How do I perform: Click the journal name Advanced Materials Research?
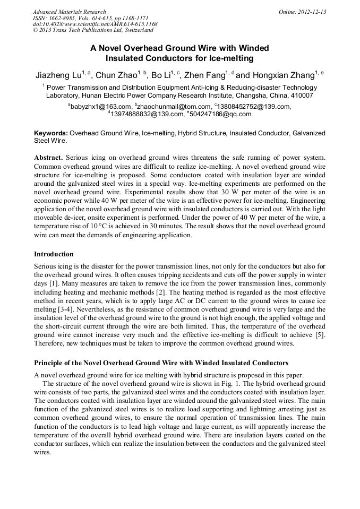point(70,12)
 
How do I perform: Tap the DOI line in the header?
point(95,24)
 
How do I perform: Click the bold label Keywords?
point(51,133)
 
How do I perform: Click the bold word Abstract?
point(49,158)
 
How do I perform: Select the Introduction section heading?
point(54,254)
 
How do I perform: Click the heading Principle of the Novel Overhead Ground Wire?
point(161,363)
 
